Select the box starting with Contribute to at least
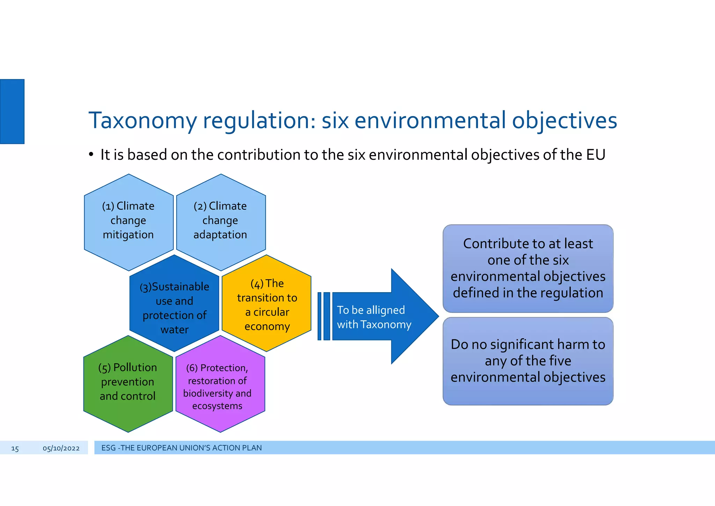coord(528,268)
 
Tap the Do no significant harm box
coord(528,361)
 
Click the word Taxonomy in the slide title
coord(143,121)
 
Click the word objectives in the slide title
coord(565,121)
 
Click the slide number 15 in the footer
coord(15,448)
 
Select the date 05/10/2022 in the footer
coord(61,448)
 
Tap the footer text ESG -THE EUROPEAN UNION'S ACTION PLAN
coord(181,448)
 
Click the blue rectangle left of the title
coord(12,111)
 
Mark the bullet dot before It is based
coord(91,154)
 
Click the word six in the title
coord(335,121)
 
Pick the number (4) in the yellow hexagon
coord(257,284)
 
